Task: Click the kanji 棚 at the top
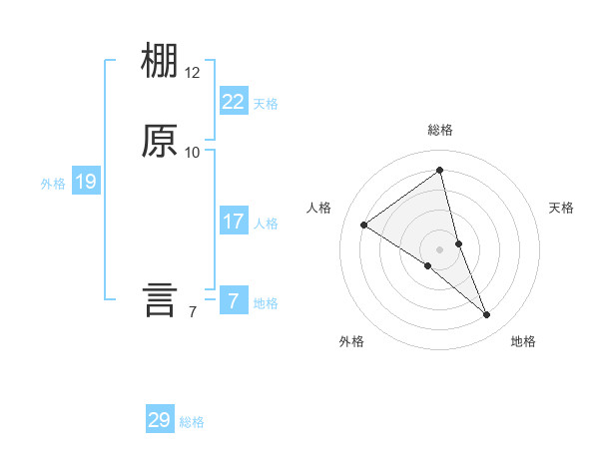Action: tap(160, 62)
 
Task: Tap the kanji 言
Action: tap(160, 299)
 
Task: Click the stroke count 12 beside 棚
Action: tap(193, 73)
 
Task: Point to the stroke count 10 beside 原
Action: tap(193, 153)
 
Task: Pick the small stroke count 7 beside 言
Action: tap(192, 312)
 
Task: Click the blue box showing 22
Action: tap(234, 101)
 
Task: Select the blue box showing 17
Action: tap(234, 221)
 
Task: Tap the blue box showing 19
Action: tap(85, 182)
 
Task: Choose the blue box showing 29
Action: tap(160, 420)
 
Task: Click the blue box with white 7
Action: tap(234, 300)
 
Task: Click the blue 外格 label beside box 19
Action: tap(53, 184)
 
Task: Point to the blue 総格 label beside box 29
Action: tap(193, 422)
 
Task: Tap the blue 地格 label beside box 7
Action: tap(267, 303)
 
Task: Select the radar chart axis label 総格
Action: tap(440, 130)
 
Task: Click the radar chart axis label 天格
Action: tap(562, 208)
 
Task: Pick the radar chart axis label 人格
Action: tap(319, 208)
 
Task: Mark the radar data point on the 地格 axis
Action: tap(487, 315)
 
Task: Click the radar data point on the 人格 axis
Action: tap(363, 225)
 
